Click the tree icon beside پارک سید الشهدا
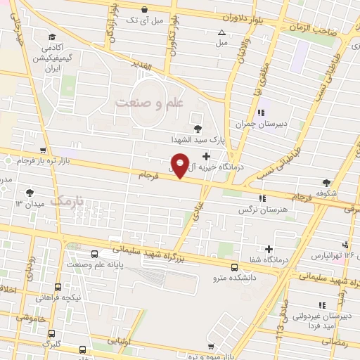196,128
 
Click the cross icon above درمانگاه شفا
269,249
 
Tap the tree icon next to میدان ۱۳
29,193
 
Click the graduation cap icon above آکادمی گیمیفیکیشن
51,37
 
